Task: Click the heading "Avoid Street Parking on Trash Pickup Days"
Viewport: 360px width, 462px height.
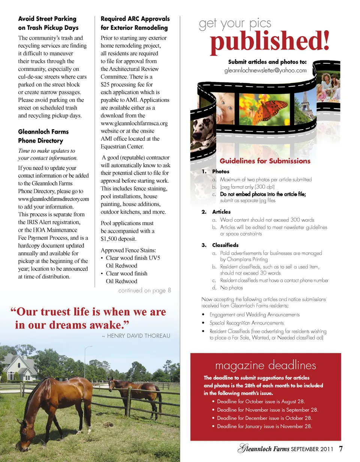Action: [x=48, y=23]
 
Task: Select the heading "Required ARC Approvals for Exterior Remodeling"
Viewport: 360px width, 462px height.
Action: [x=135, y=23]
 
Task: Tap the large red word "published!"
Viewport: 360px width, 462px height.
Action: [x=269, y=41]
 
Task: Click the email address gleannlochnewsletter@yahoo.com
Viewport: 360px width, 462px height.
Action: [x=265, y=70]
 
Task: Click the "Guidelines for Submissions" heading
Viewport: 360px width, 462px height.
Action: [x=265, y=161]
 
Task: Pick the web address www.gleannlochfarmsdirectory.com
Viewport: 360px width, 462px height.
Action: [x=53, y=199]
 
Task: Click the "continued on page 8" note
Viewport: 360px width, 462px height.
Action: [x=144, y=290]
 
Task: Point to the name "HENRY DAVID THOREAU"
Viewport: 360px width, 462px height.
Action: [x=138, y=336]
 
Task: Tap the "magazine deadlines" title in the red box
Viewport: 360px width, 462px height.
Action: [x=265, y=365]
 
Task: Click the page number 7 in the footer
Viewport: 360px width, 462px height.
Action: [x=340, y=449]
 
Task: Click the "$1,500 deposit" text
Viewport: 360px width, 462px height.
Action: [x=118, y=239]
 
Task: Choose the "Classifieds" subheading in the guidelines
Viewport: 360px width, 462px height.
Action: [x=225, y=245]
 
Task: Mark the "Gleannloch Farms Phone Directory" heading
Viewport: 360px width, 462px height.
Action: [x=43, y=136]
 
